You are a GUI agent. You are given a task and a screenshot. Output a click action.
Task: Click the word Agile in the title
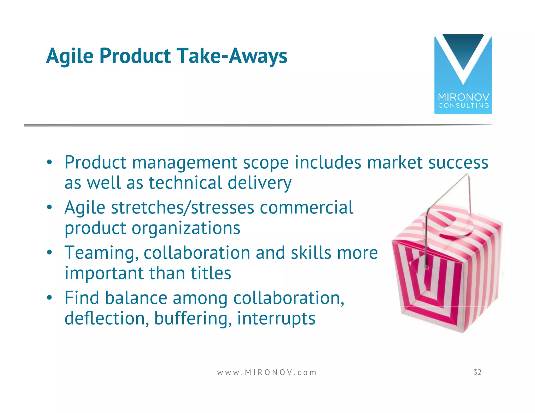point(69,56)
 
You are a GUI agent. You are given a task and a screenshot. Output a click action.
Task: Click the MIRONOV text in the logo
point(463,97)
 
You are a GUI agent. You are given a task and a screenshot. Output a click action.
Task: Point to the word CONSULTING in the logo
point(463,106)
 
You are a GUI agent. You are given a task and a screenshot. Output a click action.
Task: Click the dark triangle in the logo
point(463,50)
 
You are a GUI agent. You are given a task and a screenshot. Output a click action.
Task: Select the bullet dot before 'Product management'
point(49,163)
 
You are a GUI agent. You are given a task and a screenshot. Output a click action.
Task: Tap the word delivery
point(259,183)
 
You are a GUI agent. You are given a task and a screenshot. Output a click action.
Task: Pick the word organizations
point(186,228)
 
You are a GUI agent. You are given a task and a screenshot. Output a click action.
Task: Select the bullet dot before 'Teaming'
point(49,253)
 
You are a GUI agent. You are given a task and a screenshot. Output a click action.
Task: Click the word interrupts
point(276,318)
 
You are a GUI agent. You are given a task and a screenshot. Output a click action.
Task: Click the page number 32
point(477,372)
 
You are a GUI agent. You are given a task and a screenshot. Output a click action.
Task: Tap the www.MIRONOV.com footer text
point(267,373)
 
